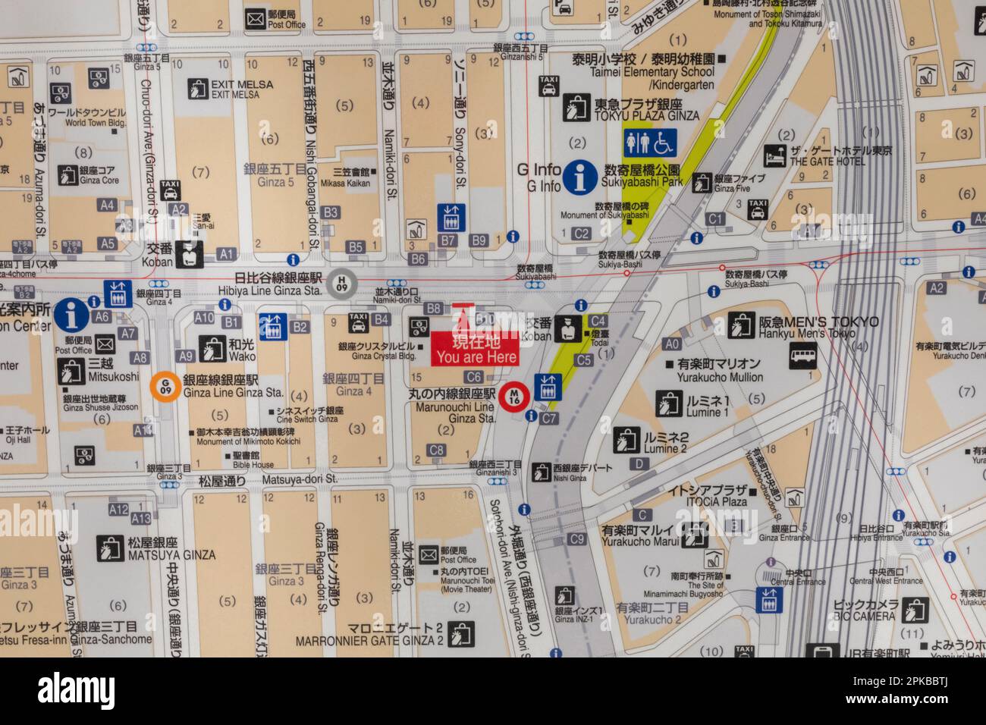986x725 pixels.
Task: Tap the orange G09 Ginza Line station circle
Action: point(162,387)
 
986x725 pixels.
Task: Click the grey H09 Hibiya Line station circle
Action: point(343,284)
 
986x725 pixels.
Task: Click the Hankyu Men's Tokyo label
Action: point(819,328)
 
